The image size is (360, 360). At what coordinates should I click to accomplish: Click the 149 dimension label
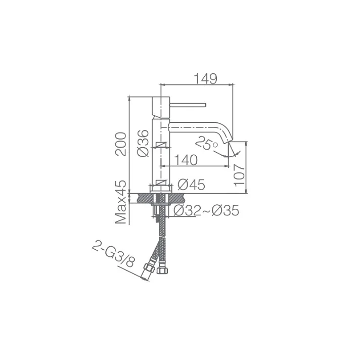[205, 79]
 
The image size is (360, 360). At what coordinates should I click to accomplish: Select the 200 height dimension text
[121, 144]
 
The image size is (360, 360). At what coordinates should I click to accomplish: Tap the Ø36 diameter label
[143, 143]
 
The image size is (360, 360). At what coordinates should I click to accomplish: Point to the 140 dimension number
[186, 160]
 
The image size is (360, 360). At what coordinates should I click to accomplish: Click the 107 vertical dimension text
[240, 175]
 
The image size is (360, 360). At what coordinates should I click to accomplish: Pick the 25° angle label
[206, 143]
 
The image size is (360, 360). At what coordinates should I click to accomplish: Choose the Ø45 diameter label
[191, 185]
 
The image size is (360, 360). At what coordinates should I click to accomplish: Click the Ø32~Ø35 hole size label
[206, 210]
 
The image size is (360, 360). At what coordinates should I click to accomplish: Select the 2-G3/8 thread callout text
[113, 255]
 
